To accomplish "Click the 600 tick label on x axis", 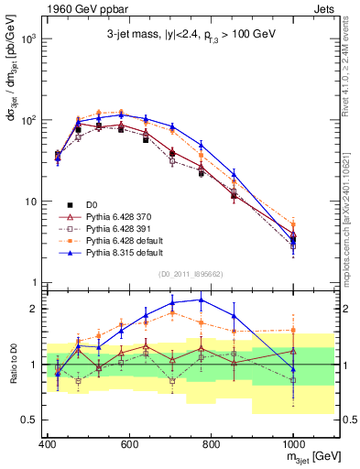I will [129, 445].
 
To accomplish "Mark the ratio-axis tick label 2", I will [33, 309].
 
